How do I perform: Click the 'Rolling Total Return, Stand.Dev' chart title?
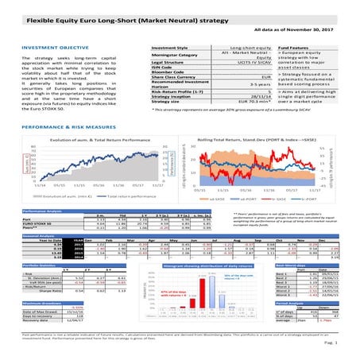click(x=247, y=140)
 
